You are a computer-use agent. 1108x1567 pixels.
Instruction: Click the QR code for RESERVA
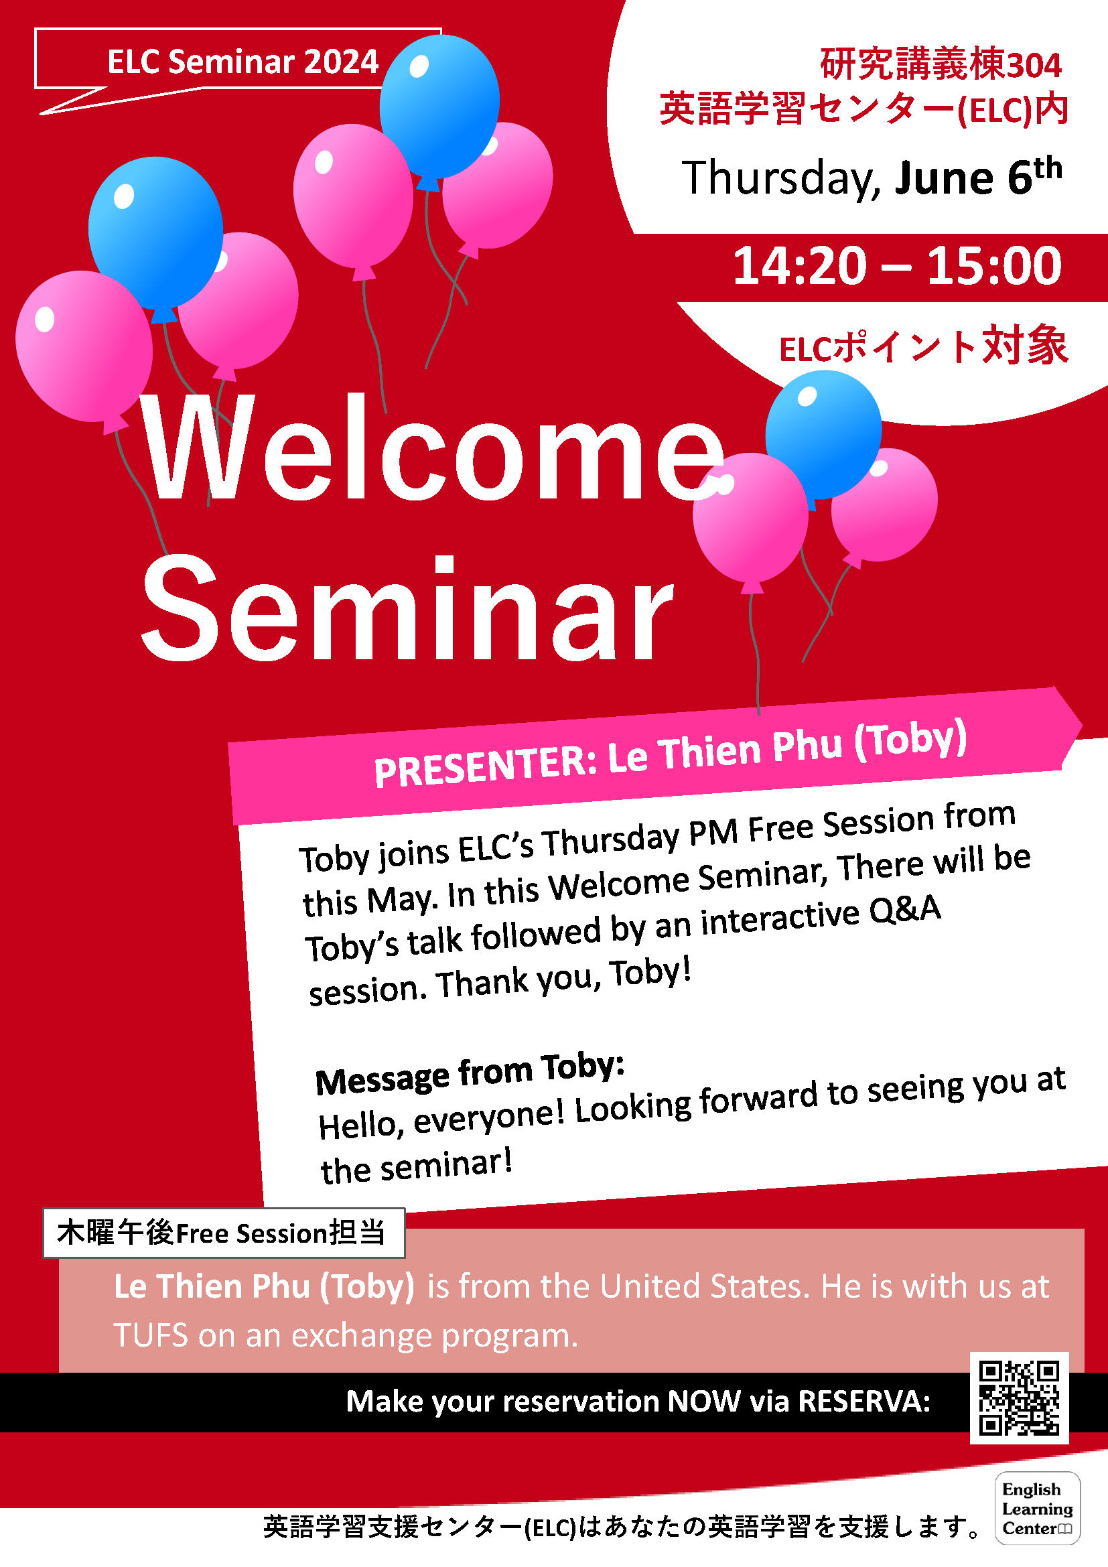coord(1019,1398)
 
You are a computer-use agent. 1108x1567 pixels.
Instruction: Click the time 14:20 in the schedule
coord(800,265)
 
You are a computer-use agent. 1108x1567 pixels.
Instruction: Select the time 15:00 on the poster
coord(993,265)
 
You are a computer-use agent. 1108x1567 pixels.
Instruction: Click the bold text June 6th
coord(977,176)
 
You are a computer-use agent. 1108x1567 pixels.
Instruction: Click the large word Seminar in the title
coord(407,608)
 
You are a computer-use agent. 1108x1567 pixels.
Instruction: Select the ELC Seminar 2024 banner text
coord(243,62)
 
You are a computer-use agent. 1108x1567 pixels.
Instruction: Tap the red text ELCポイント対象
coord(924,346)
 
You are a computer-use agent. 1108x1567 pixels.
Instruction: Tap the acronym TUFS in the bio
coord(150,1335)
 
